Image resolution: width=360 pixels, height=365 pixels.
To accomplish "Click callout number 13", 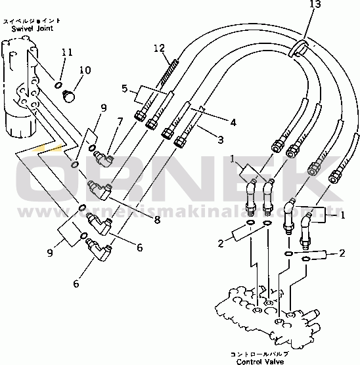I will [317, 5].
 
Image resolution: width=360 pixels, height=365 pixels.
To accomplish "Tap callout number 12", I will [158, 48].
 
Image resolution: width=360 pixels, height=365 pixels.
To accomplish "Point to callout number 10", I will [85, 71].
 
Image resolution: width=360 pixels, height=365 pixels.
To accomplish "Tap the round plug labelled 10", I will [68, 96].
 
